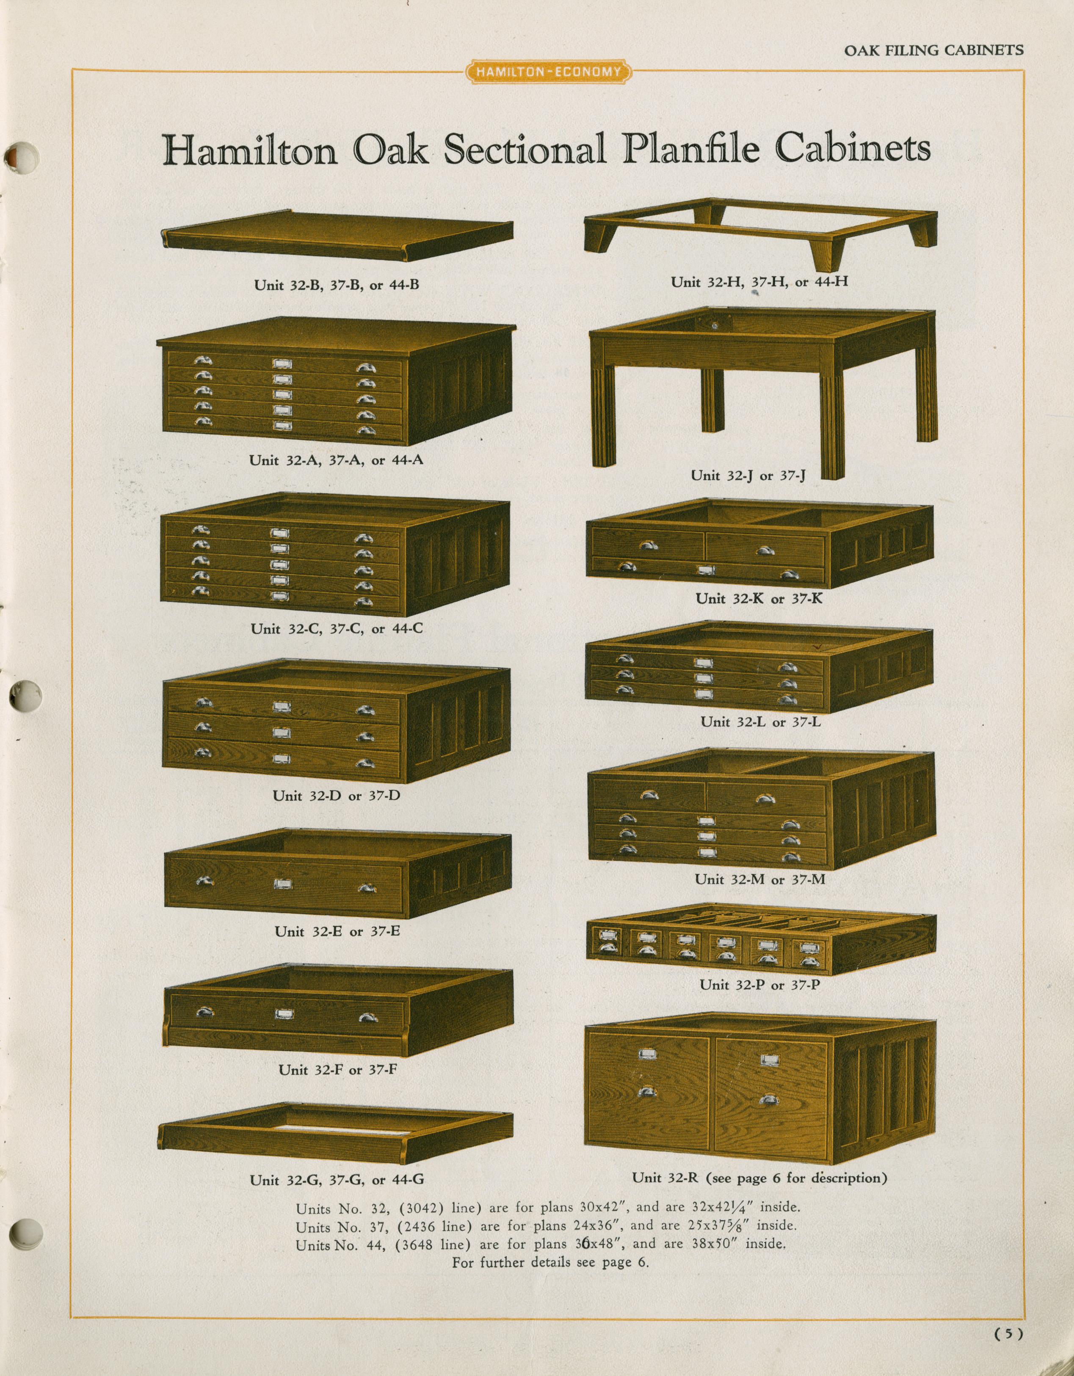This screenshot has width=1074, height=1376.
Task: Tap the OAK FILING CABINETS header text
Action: pyautogui.click(x=933, y=50)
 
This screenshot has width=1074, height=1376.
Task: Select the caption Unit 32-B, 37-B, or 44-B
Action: pyautogui.click(x=337, y=285)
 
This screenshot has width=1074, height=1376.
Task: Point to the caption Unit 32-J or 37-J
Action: pyautogui.click(x=748, y=476)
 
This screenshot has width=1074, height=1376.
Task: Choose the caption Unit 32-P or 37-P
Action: pyautogui.click(x=759, y=984)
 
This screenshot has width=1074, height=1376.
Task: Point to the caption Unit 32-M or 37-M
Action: pyautogui.click(x=759, y=879)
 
